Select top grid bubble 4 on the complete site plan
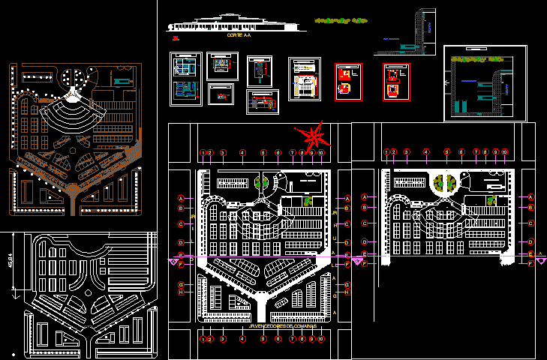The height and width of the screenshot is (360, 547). [242, 153]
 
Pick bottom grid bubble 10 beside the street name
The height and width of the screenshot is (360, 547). [320, 339]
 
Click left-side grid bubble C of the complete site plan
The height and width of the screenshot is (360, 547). [181, 223]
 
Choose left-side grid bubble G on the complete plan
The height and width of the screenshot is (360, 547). [181, 285]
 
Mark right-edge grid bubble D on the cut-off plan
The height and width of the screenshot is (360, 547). [530, 242]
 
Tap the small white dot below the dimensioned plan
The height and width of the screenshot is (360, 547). [14, 354]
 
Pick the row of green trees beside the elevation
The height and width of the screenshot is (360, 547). [341, 20]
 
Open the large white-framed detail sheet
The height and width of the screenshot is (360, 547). [483, 82]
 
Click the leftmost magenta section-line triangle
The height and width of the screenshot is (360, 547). [173, 262]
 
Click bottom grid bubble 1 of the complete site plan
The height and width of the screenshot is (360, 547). [203, 339]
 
